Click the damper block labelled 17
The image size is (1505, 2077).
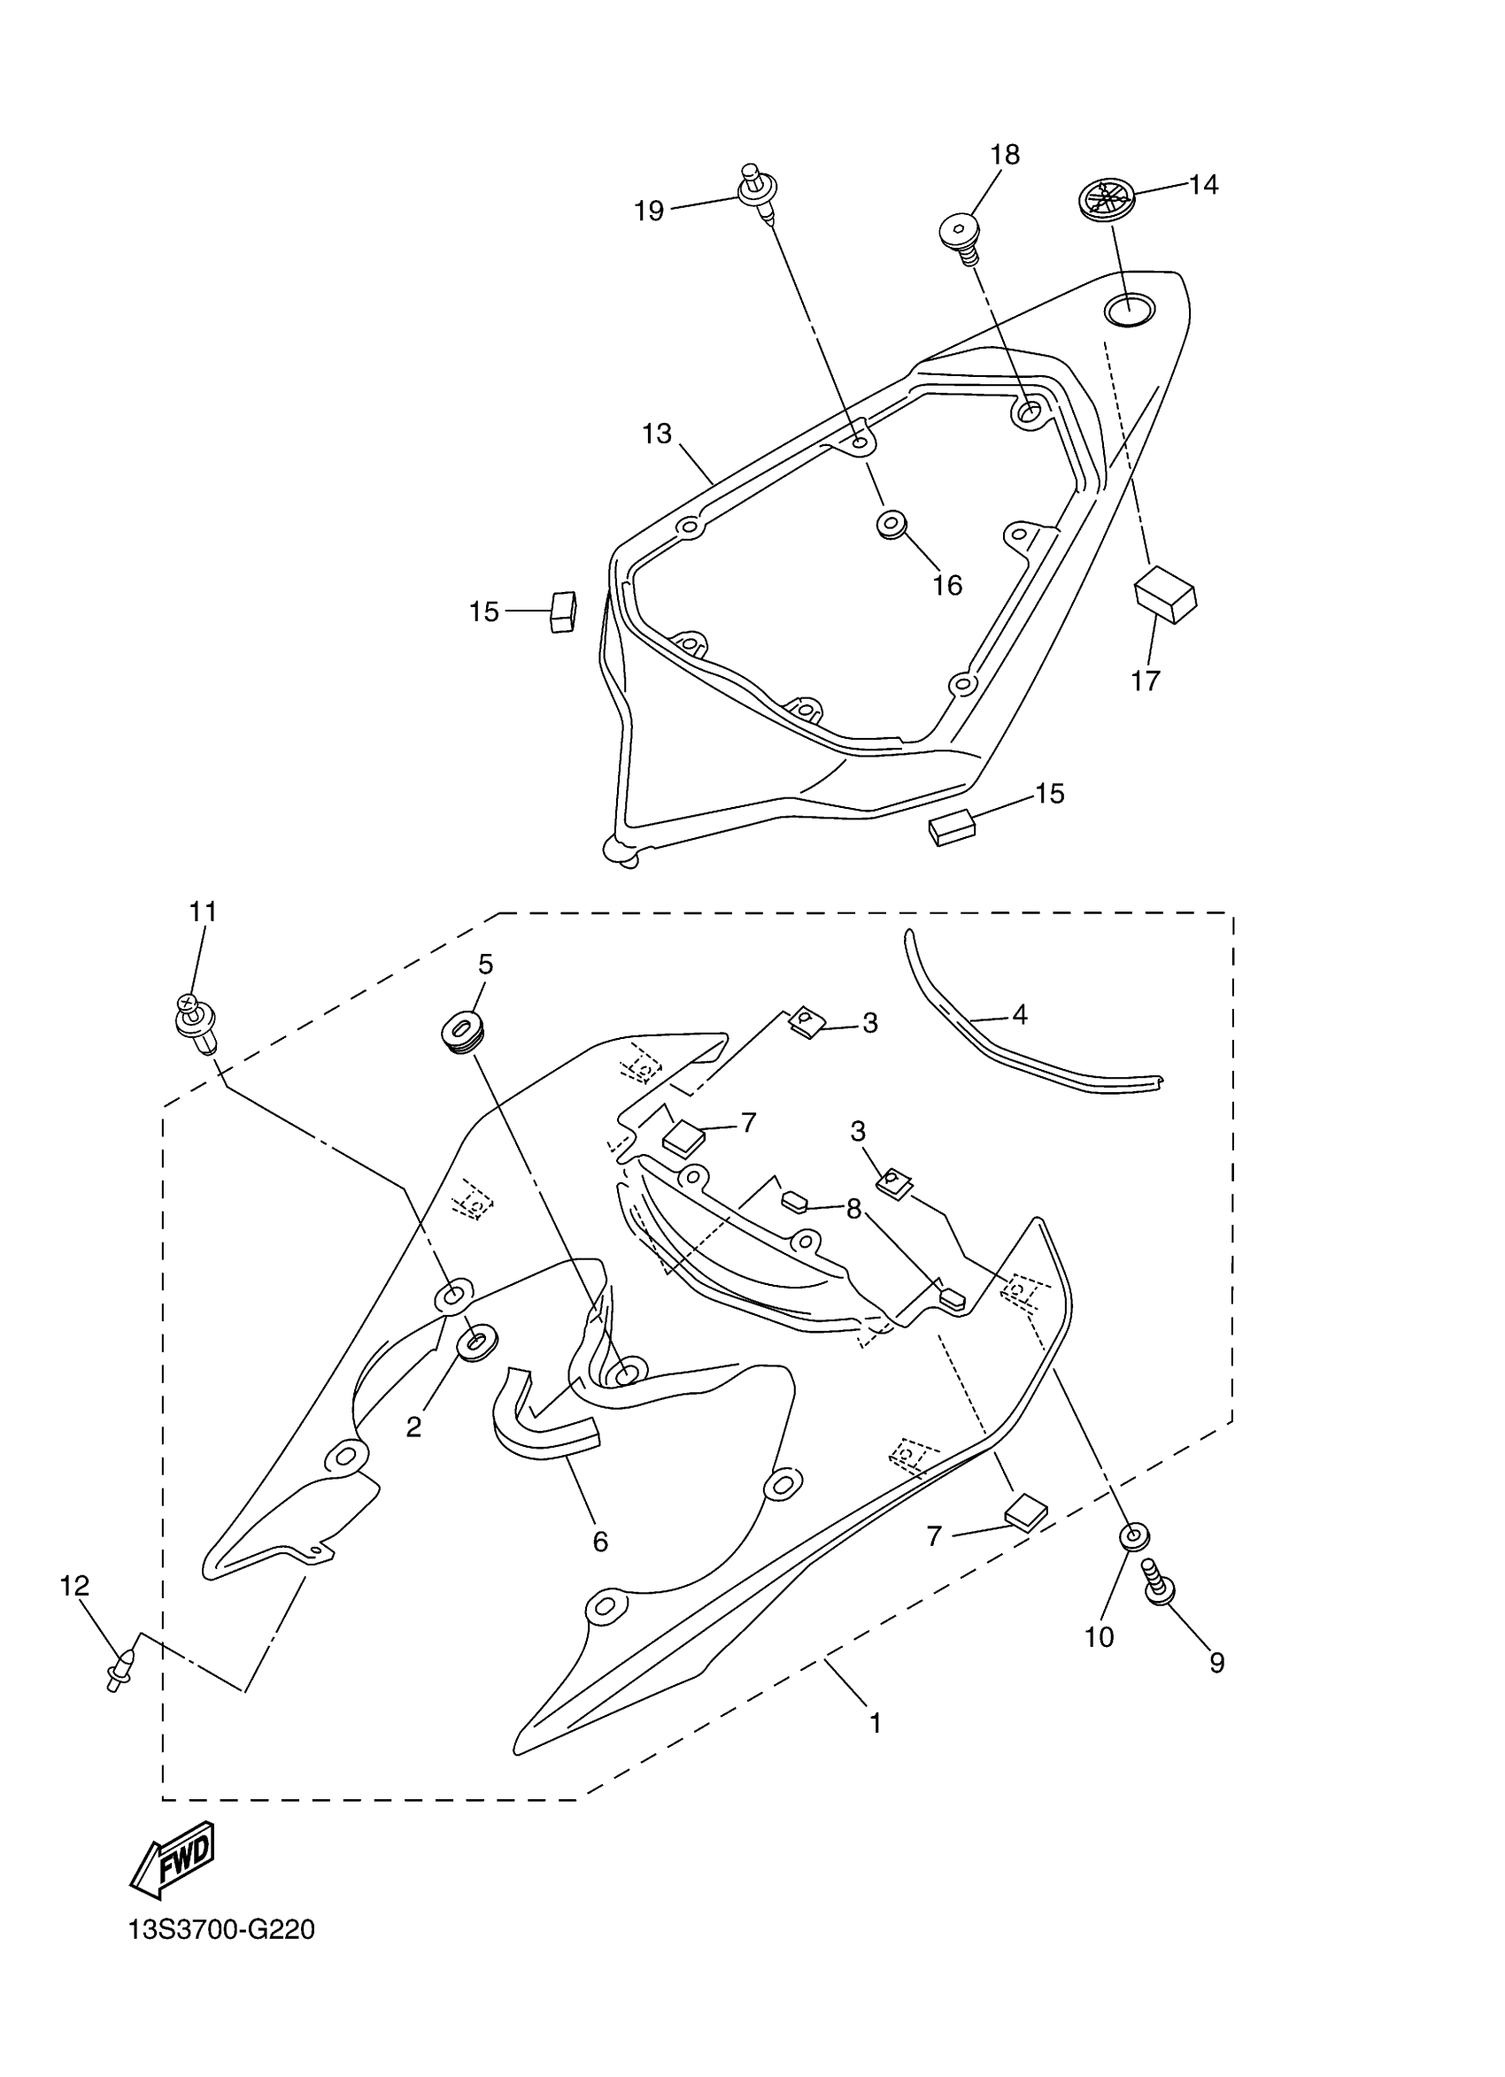point(1165,592)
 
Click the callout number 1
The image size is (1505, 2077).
point(875,1724)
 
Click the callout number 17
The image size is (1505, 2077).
point(1145,681)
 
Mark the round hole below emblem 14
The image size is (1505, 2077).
point(1129,311)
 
